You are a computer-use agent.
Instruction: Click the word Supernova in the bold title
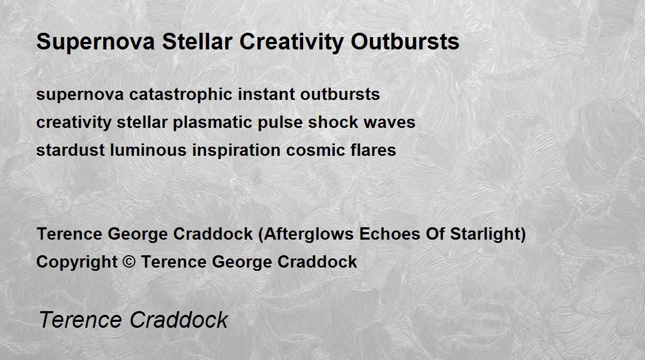[96, 42]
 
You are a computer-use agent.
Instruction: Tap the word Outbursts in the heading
[405, 42]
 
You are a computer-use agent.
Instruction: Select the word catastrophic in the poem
[181, 95]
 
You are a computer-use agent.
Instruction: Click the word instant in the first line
[267, 95]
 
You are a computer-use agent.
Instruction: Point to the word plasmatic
[212, 123]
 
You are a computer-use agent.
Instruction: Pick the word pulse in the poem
[280, 123]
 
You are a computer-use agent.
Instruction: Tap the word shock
[333, 122]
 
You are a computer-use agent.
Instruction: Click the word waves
[389, 123]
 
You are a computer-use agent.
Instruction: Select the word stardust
[70, 150]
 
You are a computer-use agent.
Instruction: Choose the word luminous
[148, 150]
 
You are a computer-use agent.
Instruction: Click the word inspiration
[236, 150]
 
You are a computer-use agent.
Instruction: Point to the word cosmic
[316, 150]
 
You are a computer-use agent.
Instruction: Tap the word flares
[373, 150]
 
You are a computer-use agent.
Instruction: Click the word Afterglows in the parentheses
[309, 234]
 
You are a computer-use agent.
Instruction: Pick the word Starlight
[485, 234]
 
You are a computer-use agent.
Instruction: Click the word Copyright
[77, 262]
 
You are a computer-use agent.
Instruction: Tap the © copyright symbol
[129, 262]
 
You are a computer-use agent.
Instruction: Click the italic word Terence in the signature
[80, 320]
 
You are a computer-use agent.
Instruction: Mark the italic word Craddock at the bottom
[179, 320]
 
